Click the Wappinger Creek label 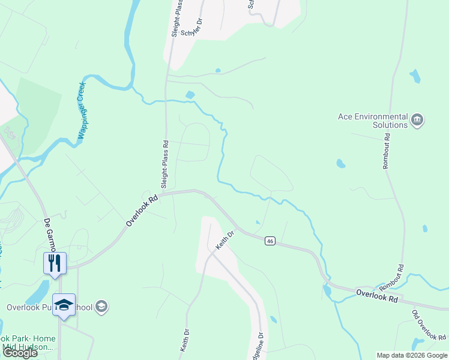coord(82,111)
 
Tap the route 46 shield coord(271,241)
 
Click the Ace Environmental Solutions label coord(373,121)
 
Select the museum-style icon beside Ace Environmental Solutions coord(417,121)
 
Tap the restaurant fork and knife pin coord(55,262)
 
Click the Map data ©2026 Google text coord(412,355)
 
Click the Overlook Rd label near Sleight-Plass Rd coord(142,210)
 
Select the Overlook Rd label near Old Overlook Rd coord(377,296)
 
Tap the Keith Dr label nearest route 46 coord(223,241)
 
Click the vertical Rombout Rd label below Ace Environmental coord(387,150)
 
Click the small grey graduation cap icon coord(101,307)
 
